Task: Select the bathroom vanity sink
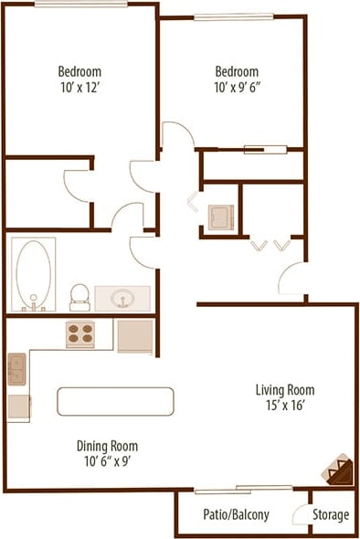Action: [x=122, y=298]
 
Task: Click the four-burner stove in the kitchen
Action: [x=80, y=334]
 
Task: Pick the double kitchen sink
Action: [x=17, y=370]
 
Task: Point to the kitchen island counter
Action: [x=115, y=401]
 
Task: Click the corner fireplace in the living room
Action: [x=337, y=470]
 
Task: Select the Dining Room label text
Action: [x=107, y=446]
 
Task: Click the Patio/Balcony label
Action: [x=237, y=514]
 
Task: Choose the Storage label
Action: [x=331, y=514]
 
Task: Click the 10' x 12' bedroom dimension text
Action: [x=79, y=88]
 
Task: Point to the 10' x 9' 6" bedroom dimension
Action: [x=237, y=88]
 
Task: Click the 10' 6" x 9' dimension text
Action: [x=107, y=461]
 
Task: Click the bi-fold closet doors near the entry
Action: [x=270, y=245]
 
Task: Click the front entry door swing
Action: [x=291, y=278]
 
